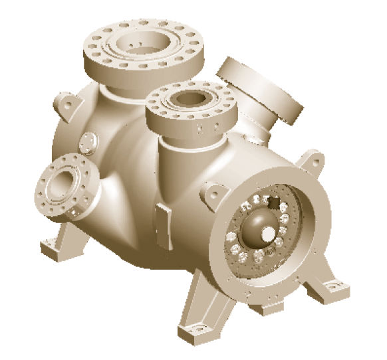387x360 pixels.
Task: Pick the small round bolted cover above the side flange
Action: point(87,141)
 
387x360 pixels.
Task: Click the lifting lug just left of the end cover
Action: point(211,188)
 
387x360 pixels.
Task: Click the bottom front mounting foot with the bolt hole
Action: point(197,329)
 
